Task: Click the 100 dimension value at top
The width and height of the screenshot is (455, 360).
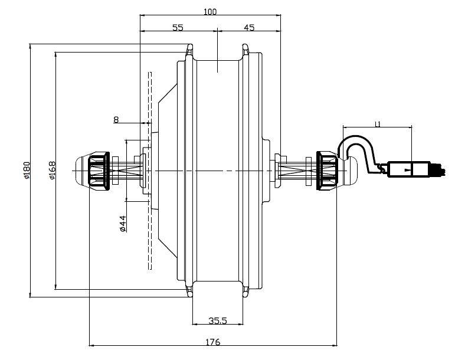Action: (211, 11)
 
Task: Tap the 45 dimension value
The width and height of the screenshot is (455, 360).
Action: (248, 28)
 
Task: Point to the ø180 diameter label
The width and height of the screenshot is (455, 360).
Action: (26, 171)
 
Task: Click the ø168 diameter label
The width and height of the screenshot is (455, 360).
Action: (51, 171)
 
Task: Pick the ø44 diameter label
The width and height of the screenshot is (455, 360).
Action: (123, 224)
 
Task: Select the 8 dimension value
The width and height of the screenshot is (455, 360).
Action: (116, 120)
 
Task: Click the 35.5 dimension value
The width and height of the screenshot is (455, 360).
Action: (218, 321)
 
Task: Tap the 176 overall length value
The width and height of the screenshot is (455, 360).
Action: (213, 342)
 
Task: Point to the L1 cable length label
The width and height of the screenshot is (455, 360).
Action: (378, 124)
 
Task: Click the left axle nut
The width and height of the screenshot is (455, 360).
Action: (98, 171)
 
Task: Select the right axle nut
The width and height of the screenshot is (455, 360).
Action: (327, 171)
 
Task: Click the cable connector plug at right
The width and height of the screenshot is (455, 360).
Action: (407, 169)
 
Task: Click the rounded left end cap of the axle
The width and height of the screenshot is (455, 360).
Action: (81, 171)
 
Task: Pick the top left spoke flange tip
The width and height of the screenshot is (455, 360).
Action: (190, 47)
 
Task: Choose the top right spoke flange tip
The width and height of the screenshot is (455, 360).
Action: (245, 47)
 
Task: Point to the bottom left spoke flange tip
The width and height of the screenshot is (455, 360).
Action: (190, 294)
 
